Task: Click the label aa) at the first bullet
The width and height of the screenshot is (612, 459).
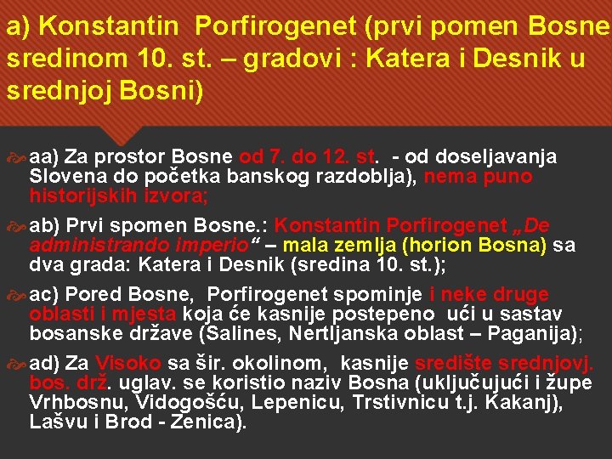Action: [x=44, y=156]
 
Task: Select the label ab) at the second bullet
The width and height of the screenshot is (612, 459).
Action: [x=44, y=227]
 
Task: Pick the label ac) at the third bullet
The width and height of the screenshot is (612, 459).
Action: [x=44, y=295]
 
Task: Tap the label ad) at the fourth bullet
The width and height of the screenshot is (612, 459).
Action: [x=44, y=364]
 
